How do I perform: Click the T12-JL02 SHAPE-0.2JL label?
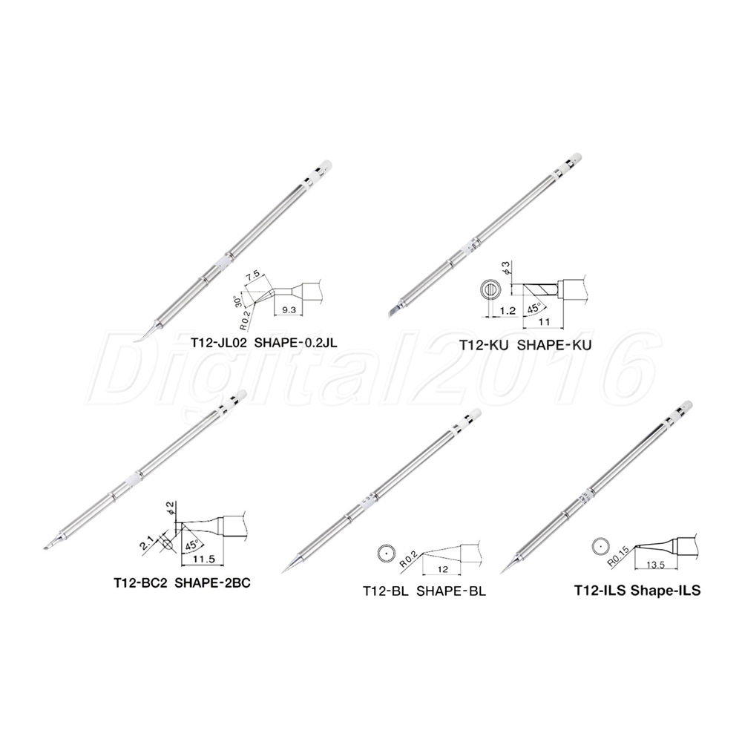pyautogui.click(x=264, y=343)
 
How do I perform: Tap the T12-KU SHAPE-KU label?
pyautogui.click(x=525, y=345)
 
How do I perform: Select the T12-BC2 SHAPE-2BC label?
pyautogui.click(x=182, y=582)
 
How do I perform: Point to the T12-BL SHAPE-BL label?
pyautogui.click(x=424, y=591)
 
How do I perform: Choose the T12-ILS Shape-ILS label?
pyautogui.click(x=637, y=591)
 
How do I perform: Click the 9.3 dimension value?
pyautogui.click(x=289, y=310)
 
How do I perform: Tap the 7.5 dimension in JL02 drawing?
pyautogui.click(x=253, y=275)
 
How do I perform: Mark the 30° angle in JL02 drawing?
pyautogui.click(x=238, y=302)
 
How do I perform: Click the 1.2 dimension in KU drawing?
pyautogui.click(x=507, y=310)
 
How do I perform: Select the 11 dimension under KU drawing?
pyautogui.click(x=544, y=321)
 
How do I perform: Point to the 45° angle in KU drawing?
pyautogui.click(x=533, y=309)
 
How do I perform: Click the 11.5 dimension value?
pyautogui.click(x=204, y=559)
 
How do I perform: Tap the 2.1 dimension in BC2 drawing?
pyautogui.click(x=145, y=542)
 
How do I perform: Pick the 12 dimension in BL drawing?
pyautogui.click(x=442, y=569)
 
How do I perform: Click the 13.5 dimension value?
pyautogui.click(x=655, y=565)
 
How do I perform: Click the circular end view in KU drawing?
pyautogui.click(x=490, y=289)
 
